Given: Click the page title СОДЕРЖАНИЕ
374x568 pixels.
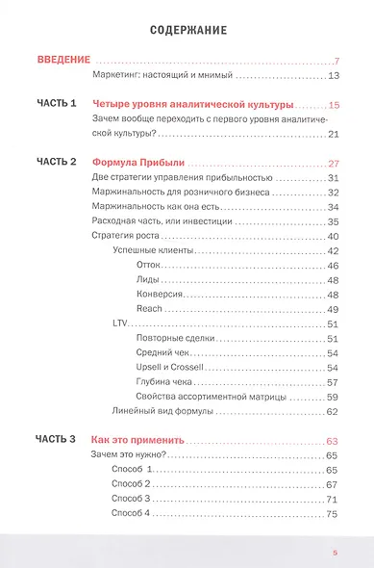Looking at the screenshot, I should coord(188,30).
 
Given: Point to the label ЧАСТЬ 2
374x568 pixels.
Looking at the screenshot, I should coord(57,163).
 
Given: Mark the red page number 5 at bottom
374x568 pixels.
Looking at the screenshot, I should coord(335,553).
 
